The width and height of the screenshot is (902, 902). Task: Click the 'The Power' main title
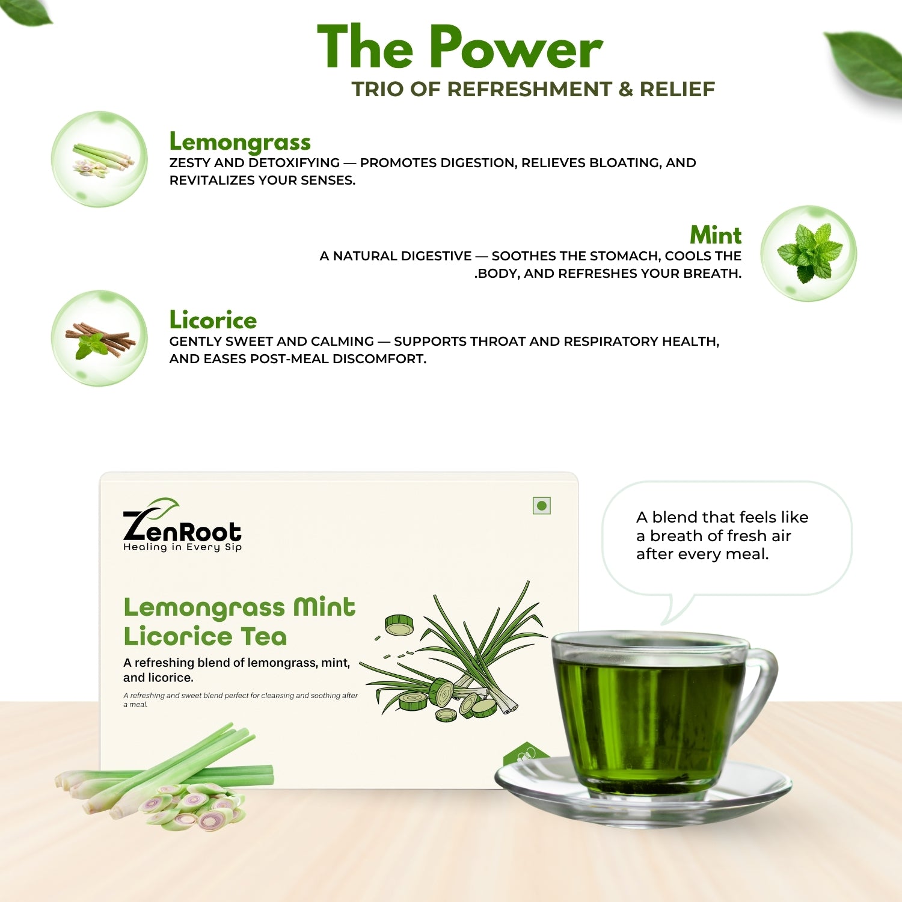coord(460,48)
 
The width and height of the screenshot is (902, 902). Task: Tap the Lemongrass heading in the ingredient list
coord(240,142)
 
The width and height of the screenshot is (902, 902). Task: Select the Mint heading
coord(716,235)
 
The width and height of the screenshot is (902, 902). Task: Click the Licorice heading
coord(213,320)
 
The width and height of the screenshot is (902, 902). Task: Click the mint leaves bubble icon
coord(809,253)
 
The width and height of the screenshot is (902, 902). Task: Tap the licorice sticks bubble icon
coord(99,338)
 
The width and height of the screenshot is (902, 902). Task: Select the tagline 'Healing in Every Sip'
coord(182,547)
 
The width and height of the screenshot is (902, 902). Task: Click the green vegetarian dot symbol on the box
coord(542,506)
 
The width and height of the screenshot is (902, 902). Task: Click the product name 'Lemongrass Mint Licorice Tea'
coord(239,622)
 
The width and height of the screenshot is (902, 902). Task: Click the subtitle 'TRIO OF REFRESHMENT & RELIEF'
coord(533,89)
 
